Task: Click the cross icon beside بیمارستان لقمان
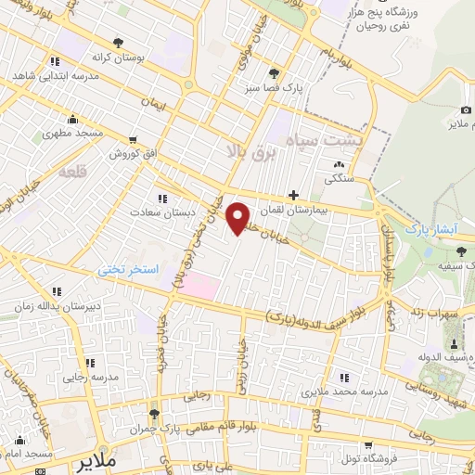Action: [294, 195]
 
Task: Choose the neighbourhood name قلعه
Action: [71, 173]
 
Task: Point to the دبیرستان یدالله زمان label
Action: [53, 304]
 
